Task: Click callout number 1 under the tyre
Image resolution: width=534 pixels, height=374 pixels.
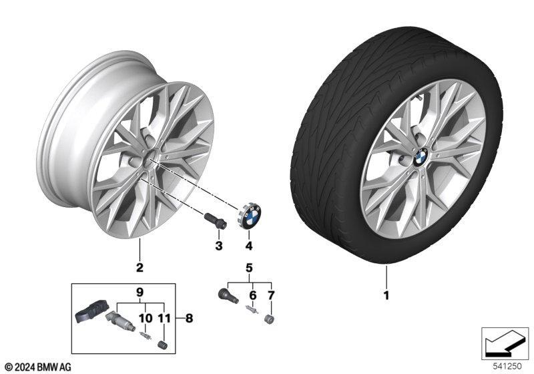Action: click(386, 295)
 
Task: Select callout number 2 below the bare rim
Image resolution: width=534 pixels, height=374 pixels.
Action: click(140, 267)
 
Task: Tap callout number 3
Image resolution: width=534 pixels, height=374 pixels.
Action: click(219, 246)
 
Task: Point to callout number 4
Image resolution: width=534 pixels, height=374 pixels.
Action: click(249, 246)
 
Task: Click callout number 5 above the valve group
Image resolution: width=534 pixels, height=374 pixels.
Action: click(249, 268)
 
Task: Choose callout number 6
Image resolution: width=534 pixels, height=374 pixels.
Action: click(253, 295)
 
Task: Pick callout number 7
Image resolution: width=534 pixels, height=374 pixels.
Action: click(271, 295)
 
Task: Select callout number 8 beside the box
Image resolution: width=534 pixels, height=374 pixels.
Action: click(190, 318)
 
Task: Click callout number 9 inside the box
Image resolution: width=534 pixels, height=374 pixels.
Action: click(140, 293)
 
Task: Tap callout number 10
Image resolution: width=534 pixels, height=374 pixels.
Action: click(146, 318)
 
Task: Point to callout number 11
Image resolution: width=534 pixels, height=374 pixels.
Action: click(164, 318)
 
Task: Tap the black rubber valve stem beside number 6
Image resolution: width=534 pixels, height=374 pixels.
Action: click(228, 295)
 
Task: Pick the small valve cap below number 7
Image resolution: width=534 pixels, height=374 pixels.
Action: click(270, 319)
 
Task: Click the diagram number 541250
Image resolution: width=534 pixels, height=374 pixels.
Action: click(507, 366)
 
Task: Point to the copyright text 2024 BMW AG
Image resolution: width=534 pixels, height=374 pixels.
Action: click(38, 367)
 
